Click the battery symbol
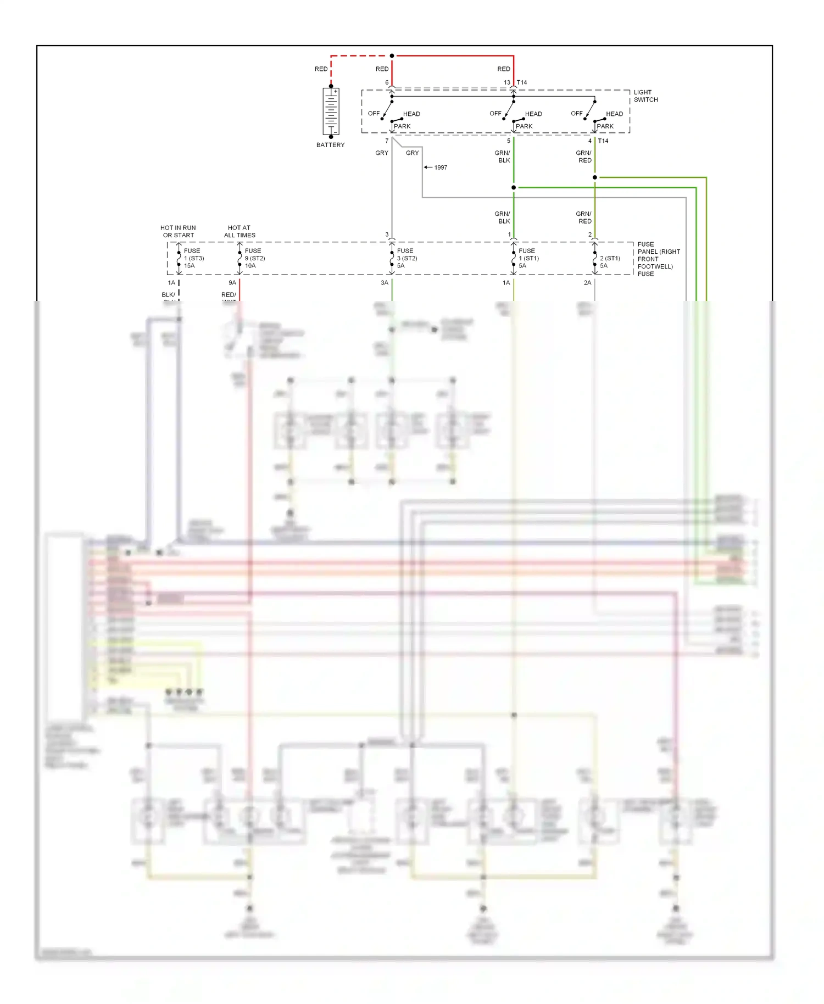(x=331, y=111)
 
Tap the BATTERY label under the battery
(x=330, y=145)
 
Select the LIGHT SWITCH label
(x=645, y=96)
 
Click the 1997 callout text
(x=441, y=168)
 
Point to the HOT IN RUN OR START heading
(x=178, y=231)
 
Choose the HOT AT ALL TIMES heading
(x=240, y=231)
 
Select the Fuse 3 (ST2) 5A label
(x=407, y=258)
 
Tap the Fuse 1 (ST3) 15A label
(x=193, y=258)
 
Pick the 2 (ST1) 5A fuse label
(x=610, y=261)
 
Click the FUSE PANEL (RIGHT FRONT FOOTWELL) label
(x=658, y=259)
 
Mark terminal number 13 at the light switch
(x=507, y=82)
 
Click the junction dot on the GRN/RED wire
(x=595, y=177)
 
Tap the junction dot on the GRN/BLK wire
(x=514, y=187)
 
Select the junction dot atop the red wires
(x=392, y=55)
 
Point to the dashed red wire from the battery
(x=357, y=56)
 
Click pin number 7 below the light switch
(x=387, y=141)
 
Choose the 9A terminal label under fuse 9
(x=232, y=283)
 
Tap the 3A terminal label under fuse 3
(x=385, y=283)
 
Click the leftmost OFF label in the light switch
(x=374, y=114)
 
